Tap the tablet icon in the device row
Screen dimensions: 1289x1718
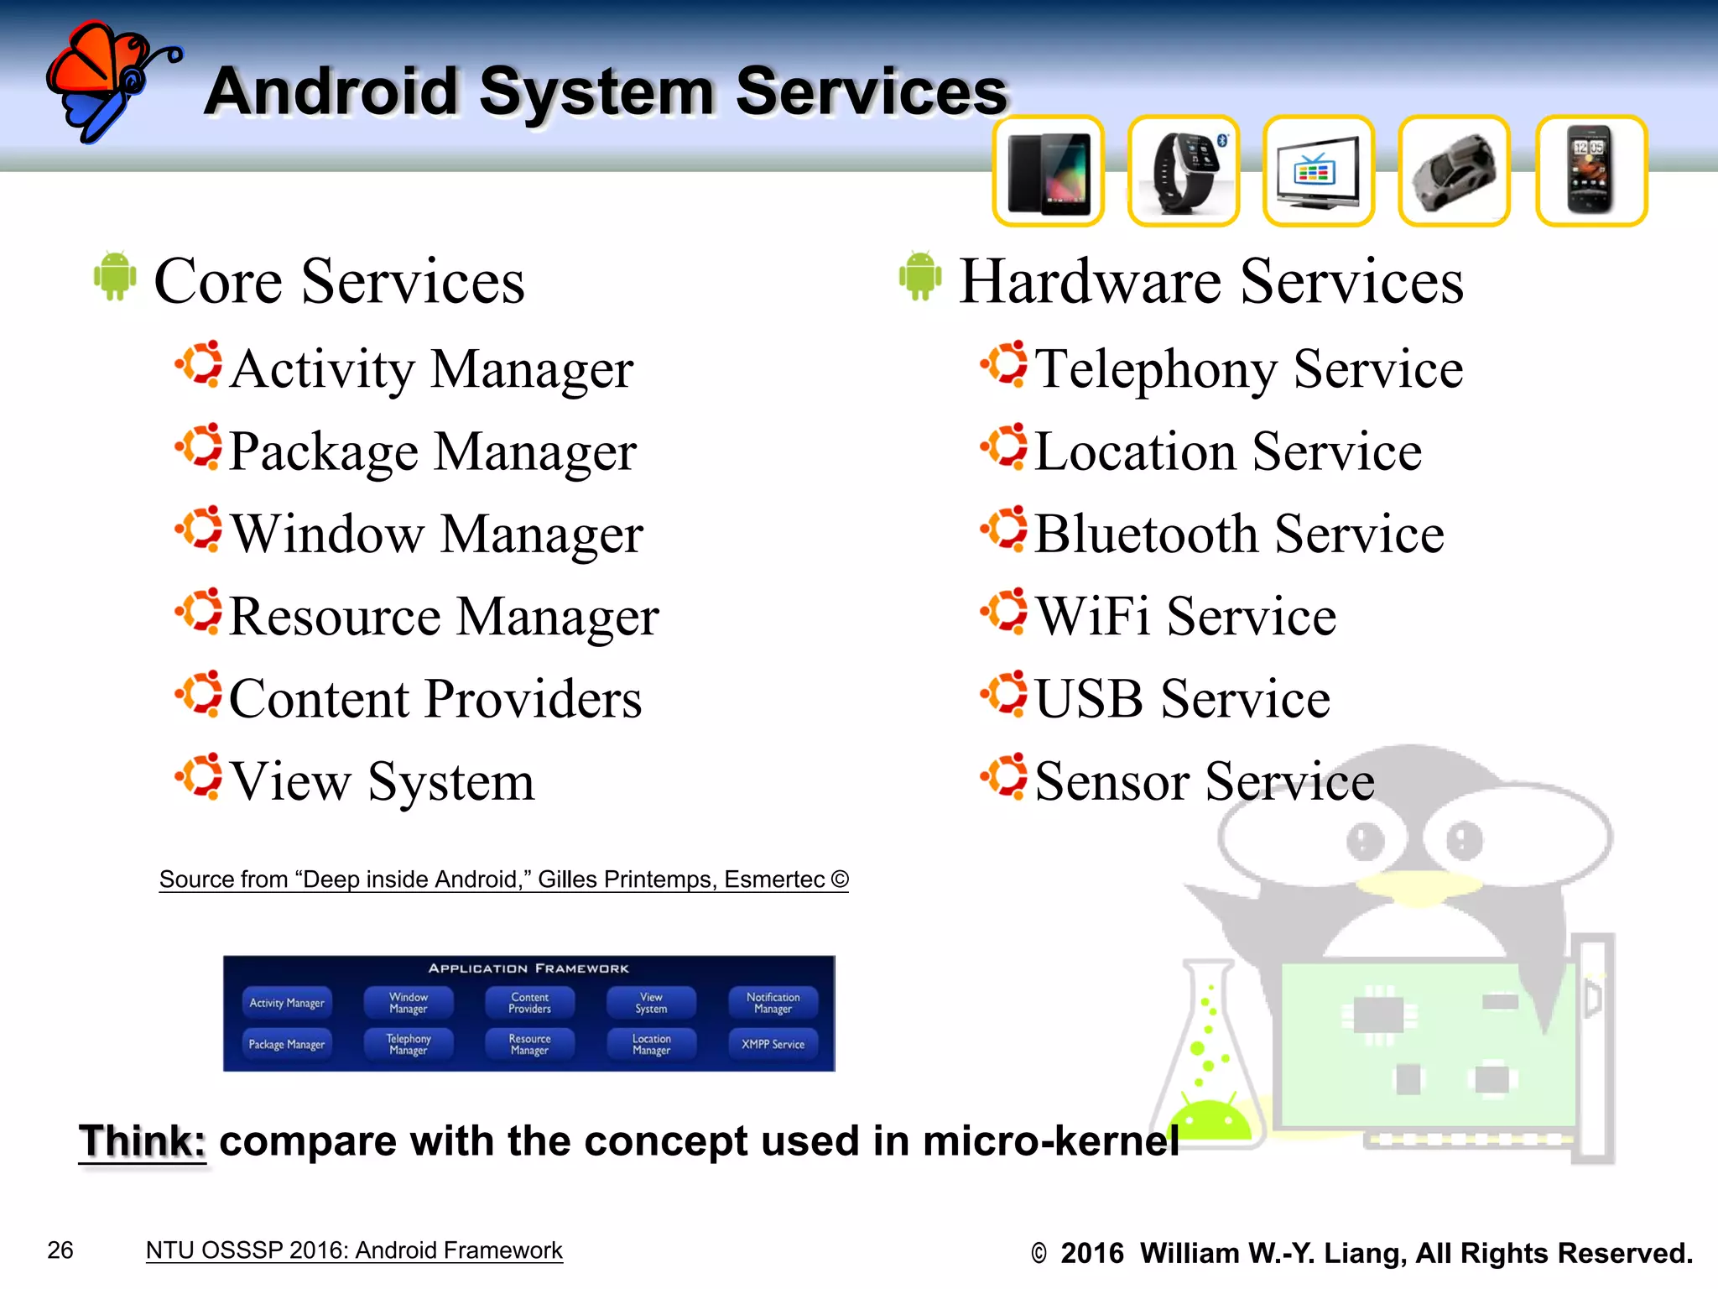pyautogui.click(x=1048, y=172)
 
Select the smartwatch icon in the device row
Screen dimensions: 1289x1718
pyautogui.click(x=1183, y=172)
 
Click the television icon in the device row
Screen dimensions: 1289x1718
pyautogui.click(x=1318, y=172)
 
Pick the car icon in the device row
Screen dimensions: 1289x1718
pyautogui.click(x=1454, y=172)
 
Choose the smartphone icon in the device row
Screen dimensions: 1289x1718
pyautogui.click(x=1590, y=172)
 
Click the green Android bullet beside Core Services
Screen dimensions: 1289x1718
pyautogui.click(x=115, y=276)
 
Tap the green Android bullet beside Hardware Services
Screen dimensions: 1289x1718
pyautogui.click(x=920, y=276)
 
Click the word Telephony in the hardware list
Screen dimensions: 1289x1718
pyautogui.click(x=1158, y=369)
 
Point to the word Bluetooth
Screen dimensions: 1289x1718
pyautogui.click(x=1146, y=534)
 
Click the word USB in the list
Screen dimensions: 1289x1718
pyautogui.click(x=1088, y=698)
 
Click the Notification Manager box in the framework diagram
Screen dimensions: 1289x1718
pyautogui.click(x=773, y=1003)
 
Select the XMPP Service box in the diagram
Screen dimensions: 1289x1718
pyautogui.click(x=773, y=1045)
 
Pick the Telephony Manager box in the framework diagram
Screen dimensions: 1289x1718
pyautogui.click(x=409, y=1045)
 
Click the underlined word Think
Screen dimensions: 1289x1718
pyautogui.click(x=142, y=1141)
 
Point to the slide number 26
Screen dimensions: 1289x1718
pyautogui.click(x=60, y=1250)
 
